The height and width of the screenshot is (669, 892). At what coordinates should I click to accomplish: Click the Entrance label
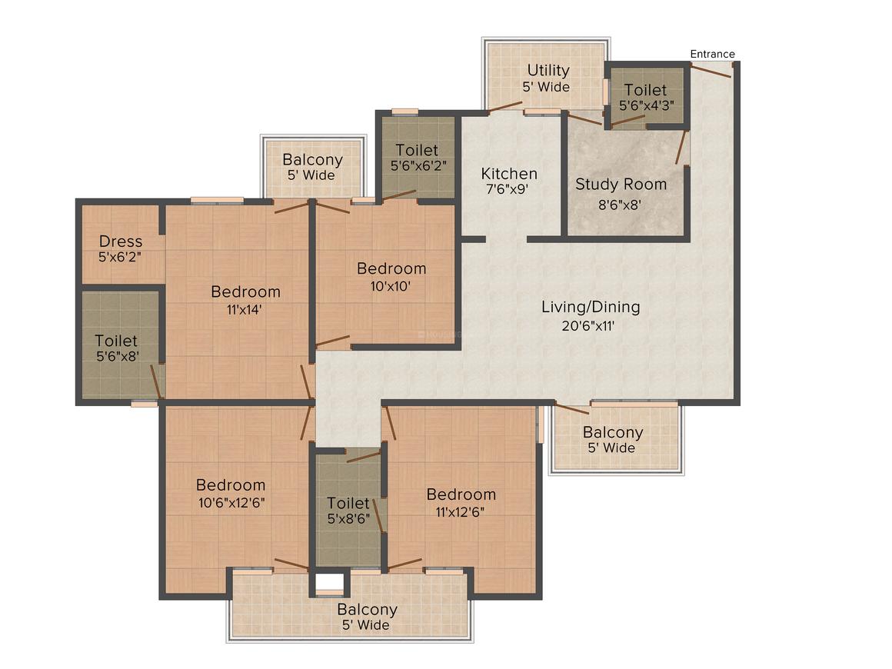[x=712, y=54]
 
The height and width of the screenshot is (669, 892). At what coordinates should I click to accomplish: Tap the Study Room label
[x=621, y=185]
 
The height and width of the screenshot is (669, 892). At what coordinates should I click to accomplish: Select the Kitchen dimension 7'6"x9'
[x=508, y=189]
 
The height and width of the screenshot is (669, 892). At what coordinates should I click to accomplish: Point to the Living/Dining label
[x=591, y=307]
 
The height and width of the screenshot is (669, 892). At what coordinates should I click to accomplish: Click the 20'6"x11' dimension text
[x=588, y=326]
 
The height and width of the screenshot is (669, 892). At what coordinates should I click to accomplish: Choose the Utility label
[x=548, y=71]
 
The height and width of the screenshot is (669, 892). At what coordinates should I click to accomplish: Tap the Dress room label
[x=121, y=241]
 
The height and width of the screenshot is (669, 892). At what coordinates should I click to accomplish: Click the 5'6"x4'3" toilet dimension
[x=647, y=105]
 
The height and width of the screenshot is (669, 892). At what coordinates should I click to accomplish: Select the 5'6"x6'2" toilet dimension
[x=418, y=166]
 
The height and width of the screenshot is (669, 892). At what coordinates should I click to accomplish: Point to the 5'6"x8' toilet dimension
[x=118, y=357]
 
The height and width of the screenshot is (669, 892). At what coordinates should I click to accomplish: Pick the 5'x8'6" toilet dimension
[x=348, y=519]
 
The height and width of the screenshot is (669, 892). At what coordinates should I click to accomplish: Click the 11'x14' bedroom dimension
[x=244, y=310]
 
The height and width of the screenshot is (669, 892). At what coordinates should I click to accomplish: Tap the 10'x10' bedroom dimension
[x=391, y=286]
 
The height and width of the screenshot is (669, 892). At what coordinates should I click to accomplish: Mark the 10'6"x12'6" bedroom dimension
[x=231, y=503]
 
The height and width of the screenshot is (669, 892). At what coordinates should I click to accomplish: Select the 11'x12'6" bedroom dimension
[x=460, y=512]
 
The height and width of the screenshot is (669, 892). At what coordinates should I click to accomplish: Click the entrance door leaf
[x=711, y=71]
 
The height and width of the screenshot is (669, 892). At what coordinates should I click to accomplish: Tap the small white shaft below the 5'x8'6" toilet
[x=329, y=582]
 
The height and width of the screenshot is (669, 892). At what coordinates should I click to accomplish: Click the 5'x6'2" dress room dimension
[x=119, y=257]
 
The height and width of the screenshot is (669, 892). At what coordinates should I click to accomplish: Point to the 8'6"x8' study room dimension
[x=620, y=205]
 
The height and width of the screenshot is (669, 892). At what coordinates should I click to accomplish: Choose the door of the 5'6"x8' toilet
[x=156, y=381]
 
